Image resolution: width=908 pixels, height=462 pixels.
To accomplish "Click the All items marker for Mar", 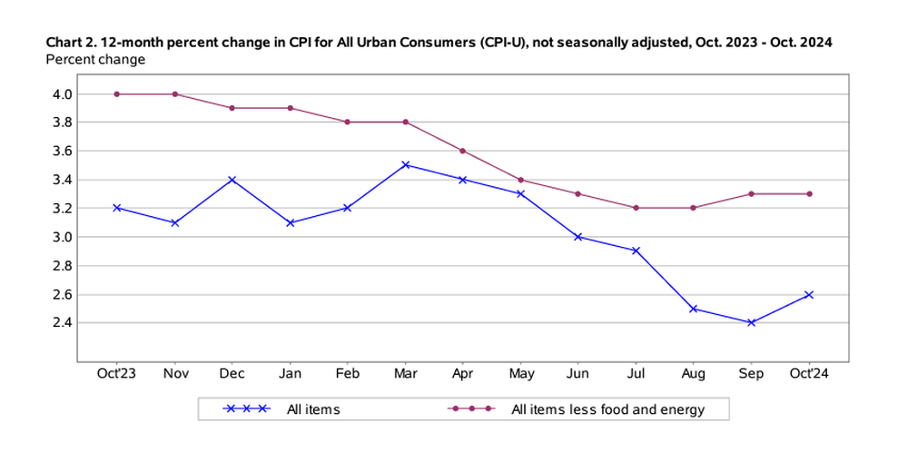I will click(x=405, y=165).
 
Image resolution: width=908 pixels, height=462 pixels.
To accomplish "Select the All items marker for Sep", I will click(x=751, y=322).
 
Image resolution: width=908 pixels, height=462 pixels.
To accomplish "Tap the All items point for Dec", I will click(x=232, y=180).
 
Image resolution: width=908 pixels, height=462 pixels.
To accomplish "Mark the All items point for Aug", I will click(x=694, y=309).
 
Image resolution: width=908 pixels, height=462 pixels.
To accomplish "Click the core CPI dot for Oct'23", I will click(x=116, y=93).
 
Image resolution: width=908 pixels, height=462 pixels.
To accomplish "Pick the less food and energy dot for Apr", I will click(x=463, y=151).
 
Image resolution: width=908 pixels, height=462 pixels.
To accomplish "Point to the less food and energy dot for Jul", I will click(x=636, y=208).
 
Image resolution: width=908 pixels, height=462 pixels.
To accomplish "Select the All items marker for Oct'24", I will click(x=809, y=294).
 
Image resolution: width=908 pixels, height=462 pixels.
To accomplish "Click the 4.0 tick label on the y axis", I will click(x=63, y=93).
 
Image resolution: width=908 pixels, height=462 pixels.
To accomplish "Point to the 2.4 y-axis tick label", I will click(x=63, y=322).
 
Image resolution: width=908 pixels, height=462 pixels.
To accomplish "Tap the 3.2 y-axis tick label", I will click(x=63, y=208).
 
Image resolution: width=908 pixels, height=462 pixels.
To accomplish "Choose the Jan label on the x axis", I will click(x=290, y=373).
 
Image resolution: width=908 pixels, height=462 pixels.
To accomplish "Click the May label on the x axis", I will click(x=520, y=373).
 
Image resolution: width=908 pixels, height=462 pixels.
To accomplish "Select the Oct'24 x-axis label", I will click(x=809, y=373).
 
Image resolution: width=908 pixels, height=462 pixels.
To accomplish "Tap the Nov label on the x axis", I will click(x=174, y=373).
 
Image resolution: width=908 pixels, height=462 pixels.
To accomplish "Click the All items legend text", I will click(x=313, y=409).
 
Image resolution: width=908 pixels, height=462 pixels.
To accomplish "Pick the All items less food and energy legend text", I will click(x=607, y=409).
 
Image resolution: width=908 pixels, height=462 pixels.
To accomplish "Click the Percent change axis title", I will click(x=95, y=60).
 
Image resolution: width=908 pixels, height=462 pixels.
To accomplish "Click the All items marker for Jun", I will click(x=578, y=237).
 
